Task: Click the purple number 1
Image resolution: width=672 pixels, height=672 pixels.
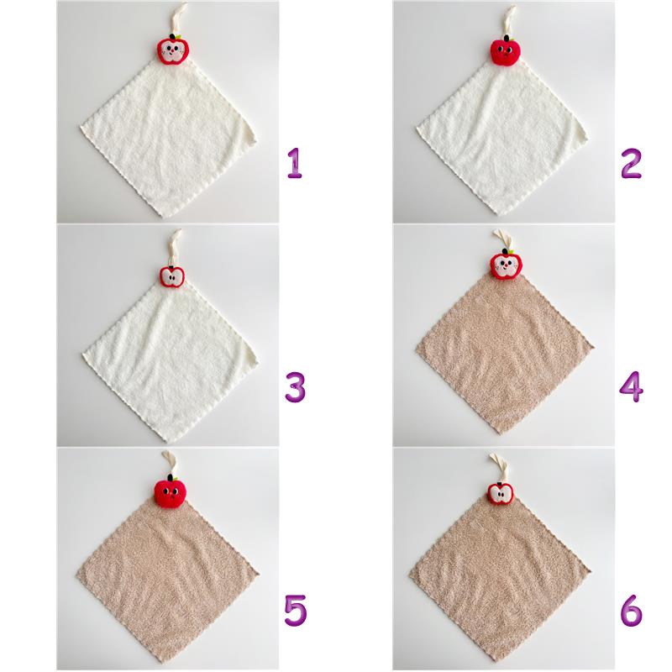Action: click(295, 163)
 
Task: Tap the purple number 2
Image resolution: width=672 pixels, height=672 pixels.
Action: click(631, 163)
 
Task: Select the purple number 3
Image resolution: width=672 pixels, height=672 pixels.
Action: click(296, 386)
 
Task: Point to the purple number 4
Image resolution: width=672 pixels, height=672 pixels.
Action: click(632, 386)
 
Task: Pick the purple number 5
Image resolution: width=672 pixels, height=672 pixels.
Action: click(296, 610)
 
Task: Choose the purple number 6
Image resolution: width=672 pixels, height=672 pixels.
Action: click(632, 610)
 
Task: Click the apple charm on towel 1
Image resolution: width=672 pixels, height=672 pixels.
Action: click(172, 50)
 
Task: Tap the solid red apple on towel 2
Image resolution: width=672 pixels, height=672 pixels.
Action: click(506, 50)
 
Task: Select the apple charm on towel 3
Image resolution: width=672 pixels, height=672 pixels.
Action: click(172, 276)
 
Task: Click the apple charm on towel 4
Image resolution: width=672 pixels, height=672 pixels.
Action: click(507, 264)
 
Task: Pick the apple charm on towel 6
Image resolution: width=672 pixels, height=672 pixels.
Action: click(501, 493)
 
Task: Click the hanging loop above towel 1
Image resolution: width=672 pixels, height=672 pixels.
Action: click(178, 17)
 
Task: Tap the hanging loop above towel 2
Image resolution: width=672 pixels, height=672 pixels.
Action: click(509, 19)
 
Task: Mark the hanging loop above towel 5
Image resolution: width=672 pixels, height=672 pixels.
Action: click(170, 463)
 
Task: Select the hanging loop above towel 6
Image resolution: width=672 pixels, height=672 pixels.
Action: click(499, 467)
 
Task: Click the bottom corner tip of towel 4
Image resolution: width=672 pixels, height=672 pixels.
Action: click(499, 433)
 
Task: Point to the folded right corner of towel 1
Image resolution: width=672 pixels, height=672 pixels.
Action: click(249, 134)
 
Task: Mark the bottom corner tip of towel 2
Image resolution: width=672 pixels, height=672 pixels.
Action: click(499, 215)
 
